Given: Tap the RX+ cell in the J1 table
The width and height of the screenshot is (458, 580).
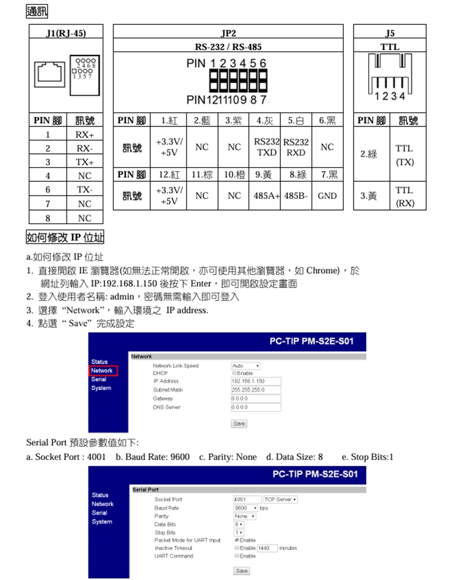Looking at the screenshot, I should coord(84,134).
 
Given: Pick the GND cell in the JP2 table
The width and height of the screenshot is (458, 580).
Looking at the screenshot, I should coord(327,196).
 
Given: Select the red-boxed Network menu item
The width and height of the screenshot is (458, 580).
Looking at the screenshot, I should coord(102,371).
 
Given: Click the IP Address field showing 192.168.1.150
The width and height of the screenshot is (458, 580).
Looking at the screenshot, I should coord(256,381).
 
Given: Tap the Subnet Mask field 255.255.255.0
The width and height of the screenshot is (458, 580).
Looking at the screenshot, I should coord(256,390).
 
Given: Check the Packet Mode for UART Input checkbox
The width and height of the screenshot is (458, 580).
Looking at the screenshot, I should coord(236,540).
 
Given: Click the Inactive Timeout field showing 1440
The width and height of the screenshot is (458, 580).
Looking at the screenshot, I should coord(267,548).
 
